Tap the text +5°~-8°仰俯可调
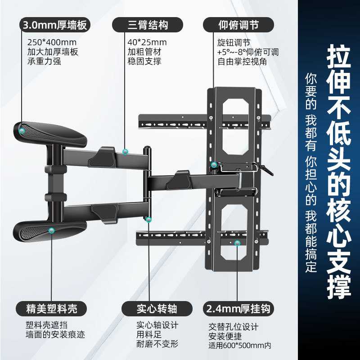247,52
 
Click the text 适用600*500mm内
240,346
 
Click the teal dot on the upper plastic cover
22,130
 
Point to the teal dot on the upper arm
126,152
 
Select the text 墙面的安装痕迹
55,335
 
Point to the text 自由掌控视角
242,62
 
